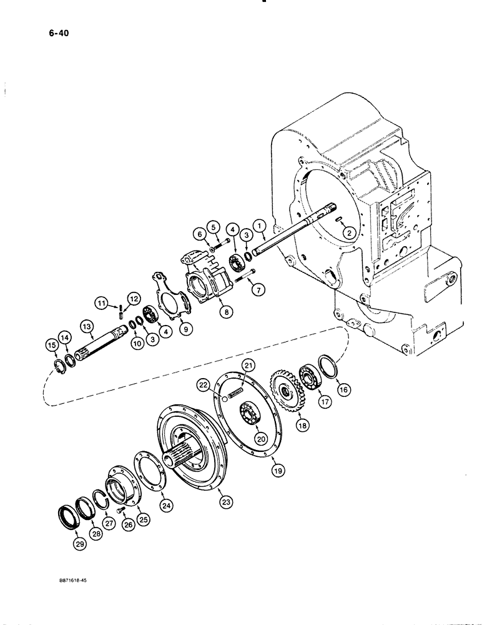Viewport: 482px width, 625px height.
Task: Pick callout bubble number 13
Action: pyautogui.click(x=85, y=326)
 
